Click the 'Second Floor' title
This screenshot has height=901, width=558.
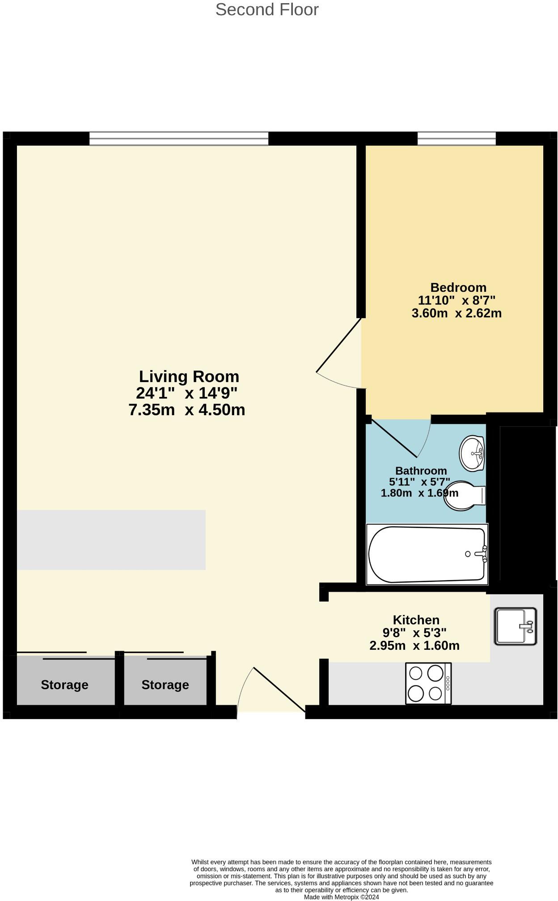pos(267,10)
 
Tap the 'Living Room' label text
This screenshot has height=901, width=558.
pos(189,376)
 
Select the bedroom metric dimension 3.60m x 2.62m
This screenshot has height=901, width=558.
pos(456,313)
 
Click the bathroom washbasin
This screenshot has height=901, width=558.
pos(472,453)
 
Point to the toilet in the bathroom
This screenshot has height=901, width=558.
pos(464,496)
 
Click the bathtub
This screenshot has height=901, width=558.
pos(427,554)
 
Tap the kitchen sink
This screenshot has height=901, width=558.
pos(515,626)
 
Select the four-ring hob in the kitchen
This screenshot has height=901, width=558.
pos(428,683)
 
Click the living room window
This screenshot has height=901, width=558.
pos(179,139)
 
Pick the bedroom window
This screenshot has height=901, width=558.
pos(457,139)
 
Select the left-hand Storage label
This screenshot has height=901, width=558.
pos(64,685)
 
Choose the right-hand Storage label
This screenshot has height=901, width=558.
pos(165,685)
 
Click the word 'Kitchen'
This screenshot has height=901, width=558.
pos(416,620)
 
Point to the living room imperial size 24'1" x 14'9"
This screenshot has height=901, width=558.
pos(186,393)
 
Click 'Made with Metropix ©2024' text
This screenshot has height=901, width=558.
pos(341,897)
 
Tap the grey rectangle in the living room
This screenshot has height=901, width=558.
pos(111,540)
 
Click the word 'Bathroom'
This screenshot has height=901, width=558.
pos(421,471)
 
